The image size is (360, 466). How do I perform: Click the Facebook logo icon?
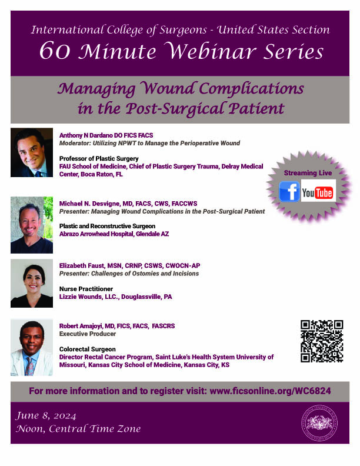[x=289, y=191]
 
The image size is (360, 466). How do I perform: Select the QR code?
[x=322, y=341]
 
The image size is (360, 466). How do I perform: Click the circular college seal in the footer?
[x=319, y=423]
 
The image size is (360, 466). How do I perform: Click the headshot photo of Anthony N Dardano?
[x=32, y=152]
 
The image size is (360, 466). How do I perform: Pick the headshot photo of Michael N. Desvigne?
[x=32, y=225]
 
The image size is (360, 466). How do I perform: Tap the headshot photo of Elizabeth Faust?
[x=32, y=283]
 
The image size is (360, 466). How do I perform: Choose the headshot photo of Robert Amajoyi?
[x=32, y=347]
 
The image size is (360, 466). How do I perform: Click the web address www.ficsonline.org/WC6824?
[x=271, y=391]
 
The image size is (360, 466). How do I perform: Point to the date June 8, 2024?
[x=46, y=416]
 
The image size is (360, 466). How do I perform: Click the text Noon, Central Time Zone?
[x=78, y=429]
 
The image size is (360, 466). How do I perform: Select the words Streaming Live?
[x=308, y=173]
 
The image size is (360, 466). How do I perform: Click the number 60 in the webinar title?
[x=55, y=51]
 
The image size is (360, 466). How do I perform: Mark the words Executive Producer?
[x=88, y=334]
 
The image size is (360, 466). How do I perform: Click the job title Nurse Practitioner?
[x=86, y=289]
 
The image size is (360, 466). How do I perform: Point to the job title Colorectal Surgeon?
[x=87, y=349]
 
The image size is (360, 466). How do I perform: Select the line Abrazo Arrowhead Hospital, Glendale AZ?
[x=114, y=234]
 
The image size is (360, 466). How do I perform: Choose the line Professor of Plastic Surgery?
[x=99, y=159]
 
